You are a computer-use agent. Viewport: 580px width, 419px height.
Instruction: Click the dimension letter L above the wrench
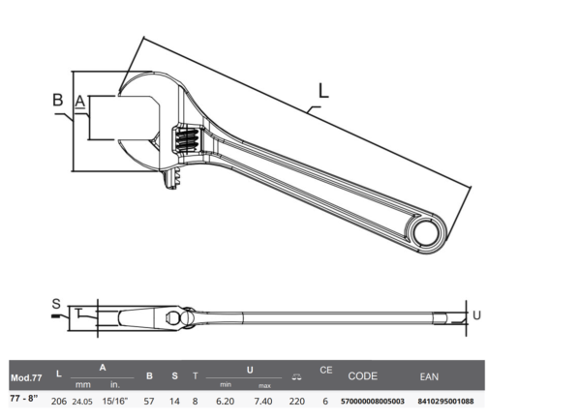tap(323, 91)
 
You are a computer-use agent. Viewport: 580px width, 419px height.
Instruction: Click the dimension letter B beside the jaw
tap(58, 100)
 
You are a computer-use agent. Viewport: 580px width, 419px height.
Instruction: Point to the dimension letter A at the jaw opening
tap(80, 102)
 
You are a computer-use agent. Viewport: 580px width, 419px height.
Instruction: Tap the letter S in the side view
tap(56, 304)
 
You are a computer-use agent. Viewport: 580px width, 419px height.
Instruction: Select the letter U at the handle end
tap(476, 315)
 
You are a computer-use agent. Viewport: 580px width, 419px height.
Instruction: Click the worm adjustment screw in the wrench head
tap(188, 139)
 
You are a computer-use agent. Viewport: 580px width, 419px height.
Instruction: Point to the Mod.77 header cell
tap(26, 378)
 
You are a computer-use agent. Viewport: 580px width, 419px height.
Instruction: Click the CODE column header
tap(362, 376)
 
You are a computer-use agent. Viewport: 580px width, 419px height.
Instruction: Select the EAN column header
tap(429, 376)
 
